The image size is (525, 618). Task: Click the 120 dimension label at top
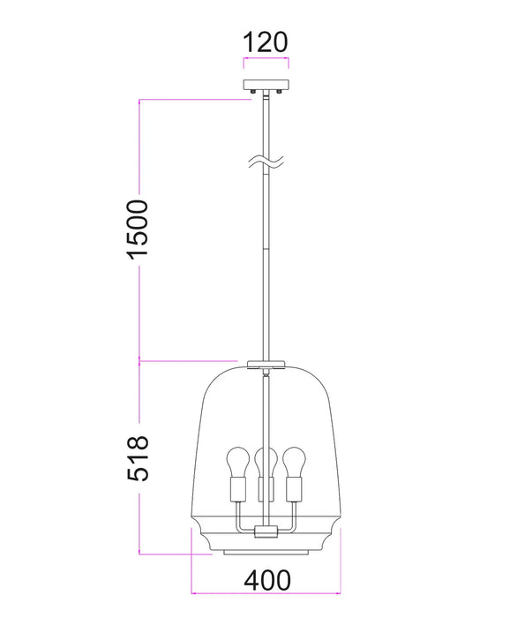tap(266, 42)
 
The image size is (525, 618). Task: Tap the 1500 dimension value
tap(138, 230)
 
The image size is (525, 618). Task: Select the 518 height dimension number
tap(138, 458)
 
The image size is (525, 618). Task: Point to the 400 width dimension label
tap(267, 580)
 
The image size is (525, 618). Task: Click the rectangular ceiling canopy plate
tap(266, 85)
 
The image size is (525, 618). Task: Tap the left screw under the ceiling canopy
tap(253, 91)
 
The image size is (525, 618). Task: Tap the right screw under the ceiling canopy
tap(279, 91)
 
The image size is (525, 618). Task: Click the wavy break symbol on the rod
tap(266, 162)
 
